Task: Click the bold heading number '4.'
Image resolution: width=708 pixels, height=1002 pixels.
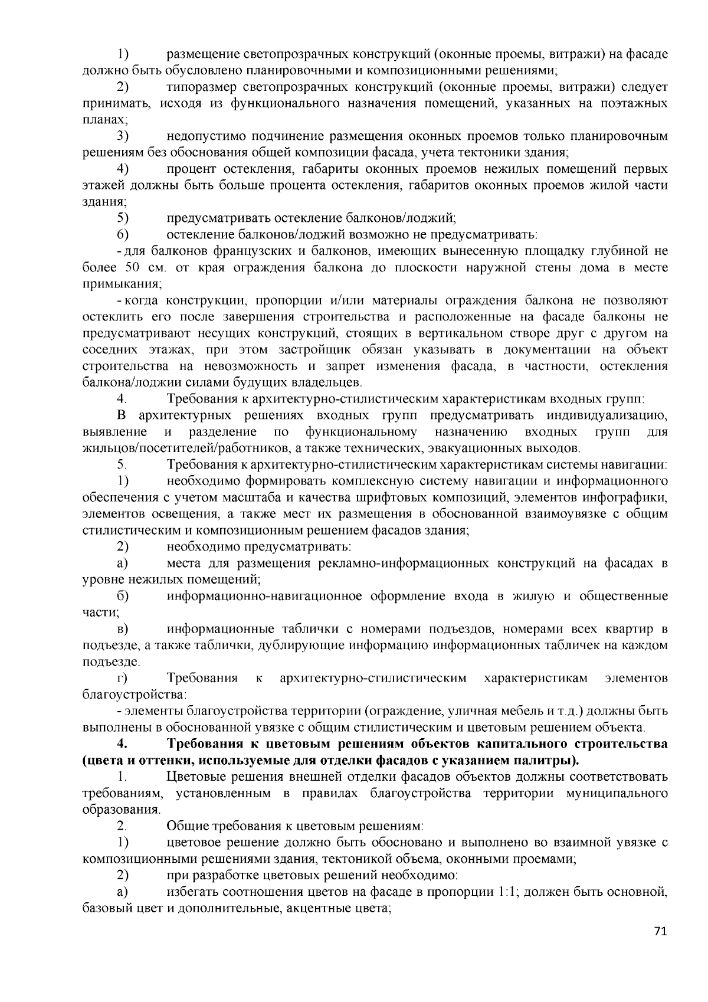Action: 123,742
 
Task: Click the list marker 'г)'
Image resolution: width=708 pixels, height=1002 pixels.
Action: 122,677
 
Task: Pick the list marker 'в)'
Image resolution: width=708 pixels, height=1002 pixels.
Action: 122,628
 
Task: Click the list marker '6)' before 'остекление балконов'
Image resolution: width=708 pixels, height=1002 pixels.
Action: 123,234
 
